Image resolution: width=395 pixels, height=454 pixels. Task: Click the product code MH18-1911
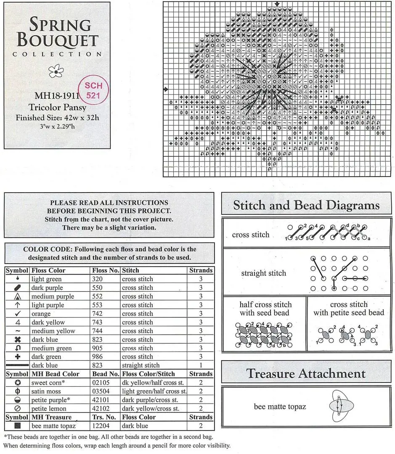pos(55,95)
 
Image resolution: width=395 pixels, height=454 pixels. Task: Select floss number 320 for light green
pos(99,279)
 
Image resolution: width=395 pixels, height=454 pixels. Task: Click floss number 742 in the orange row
pos(99,314)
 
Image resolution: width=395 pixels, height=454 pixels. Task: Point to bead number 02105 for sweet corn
pos(103,383)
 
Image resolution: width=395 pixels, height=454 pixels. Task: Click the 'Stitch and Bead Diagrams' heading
pos(306,205)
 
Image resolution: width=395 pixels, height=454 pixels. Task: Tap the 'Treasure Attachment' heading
pos(306,373)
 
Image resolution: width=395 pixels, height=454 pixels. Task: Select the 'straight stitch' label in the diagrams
pos(263,273)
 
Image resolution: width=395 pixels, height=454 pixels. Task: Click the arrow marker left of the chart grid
pos(165,89)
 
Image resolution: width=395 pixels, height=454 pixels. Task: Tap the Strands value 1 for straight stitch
pos(201,365)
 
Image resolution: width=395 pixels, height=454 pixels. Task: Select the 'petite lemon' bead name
pos(49,409)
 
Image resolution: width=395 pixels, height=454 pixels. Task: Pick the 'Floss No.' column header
pos(105,270)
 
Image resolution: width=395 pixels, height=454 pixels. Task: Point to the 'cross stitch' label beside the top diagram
pos(250,235)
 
